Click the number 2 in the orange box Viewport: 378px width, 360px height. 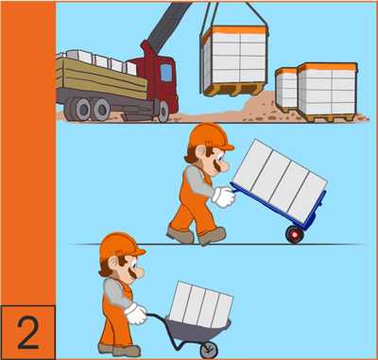pyautogui.click(x=28, y=333)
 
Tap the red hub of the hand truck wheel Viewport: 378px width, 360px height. pyautogui.click(x=295, y=234)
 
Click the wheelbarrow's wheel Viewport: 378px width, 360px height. pyautogui.click(x=209, y=350)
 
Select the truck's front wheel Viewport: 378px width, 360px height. pyautogui.click(x=163, y=111)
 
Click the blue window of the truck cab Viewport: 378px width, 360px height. pyautogui.click(x=166, y=72)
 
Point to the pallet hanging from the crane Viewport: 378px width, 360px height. pyautogui.click(x=233, y=60)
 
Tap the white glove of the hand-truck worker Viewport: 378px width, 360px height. pyautogui.click(x=224, y=197)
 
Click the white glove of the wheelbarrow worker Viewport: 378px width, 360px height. pyautogui.click(x=136, y=314)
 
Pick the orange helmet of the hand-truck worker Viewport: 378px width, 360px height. pyautogui.click(x=210, y=136)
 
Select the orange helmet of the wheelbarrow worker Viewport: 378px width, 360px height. pyautogui.click(x=121, y=246)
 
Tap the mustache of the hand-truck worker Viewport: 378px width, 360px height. pyautogui.click(x=217, y=165)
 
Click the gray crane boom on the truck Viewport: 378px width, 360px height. pyautogui.click(x=166, y=26)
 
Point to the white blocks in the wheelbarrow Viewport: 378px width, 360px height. pyautogui.click(x=201, y=303)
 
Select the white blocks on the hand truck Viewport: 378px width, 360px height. pyautogui.click(x=280, y=180)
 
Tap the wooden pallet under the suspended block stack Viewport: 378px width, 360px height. pyautogui.click(x=234, y=89)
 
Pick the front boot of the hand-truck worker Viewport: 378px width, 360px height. pyautogui.click(x=213, y=236)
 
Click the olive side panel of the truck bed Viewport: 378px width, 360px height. pyautogui.click(x=101, y=77)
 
